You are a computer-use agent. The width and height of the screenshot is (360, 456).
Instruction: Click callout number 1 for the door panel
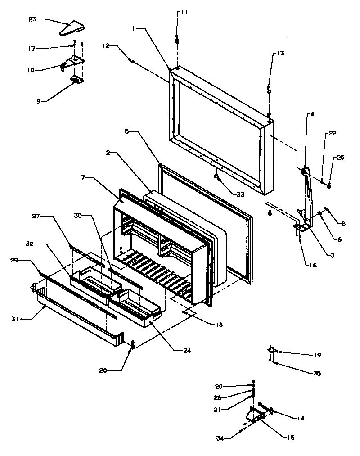point(134,28)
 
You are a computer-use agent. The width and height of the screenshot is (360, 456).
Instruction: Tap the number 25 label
point(340,157)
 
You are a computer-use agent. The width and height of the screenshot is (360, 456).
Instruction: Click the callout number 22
point(333,133)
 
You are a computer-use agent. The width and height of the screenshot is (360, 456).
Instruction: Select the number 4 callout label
point(312,114)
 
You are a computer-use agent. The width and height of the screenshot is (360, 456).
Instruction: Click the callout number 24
point(187,350)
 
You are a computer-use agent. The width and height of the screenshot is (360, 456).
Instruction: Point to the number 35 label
point(317,373)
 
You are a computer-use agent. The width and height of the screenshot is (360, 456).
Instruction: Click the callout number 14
point(300,418)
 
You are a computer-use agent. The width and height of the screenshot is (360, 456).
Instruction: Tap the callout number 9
point(39,101)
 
